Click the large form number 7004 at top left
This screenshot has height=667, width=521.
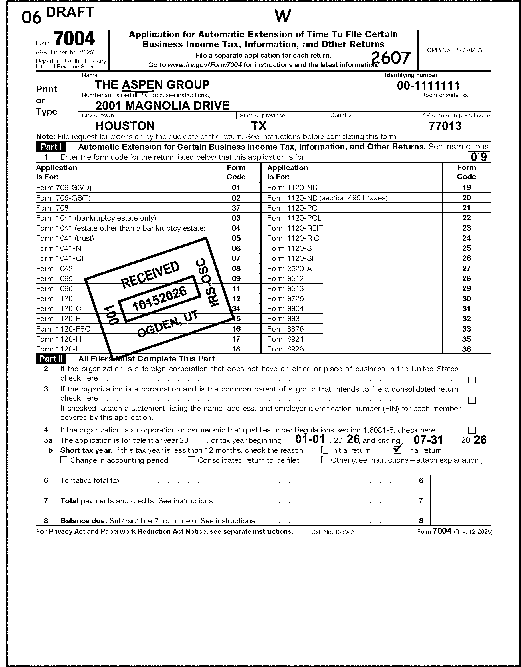[74, 39]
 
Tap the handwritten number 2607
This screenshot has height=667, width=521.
[391, 58]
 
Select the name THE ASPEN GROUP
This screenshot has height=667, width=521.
[152, 84]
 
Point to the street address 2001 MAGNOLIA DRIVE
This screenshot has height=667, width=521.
[162, 106]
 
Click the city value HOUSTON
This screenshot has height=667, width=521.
[125, 126]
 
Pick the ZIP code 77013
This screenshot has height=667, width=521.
[445, 126]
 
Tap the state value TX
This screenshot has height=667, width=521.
[259, 126]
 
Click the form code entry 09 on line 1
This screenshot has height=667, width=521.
[479, 157]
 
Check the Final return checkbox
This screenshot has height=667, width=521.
[397, 450]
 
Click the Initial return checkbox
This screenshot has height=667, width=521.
[325, 450]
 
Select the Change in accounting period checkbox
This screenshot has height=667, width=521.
[64, 460]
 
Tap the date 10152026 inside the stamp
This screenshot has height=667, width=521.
[159, 299]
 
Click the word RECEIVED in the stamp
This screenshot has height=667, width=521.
[150, 275]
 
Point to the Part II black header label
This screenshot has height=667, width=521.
[51, 359]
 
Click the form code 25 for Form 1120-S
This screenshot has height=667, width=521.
[466, 248]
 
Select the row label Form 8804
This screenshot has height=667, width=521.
[285, 309]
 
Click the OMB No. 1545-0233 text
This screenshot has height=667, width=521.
[454, 50]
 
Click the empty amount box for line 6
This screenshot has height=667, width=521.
[460, 480]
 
